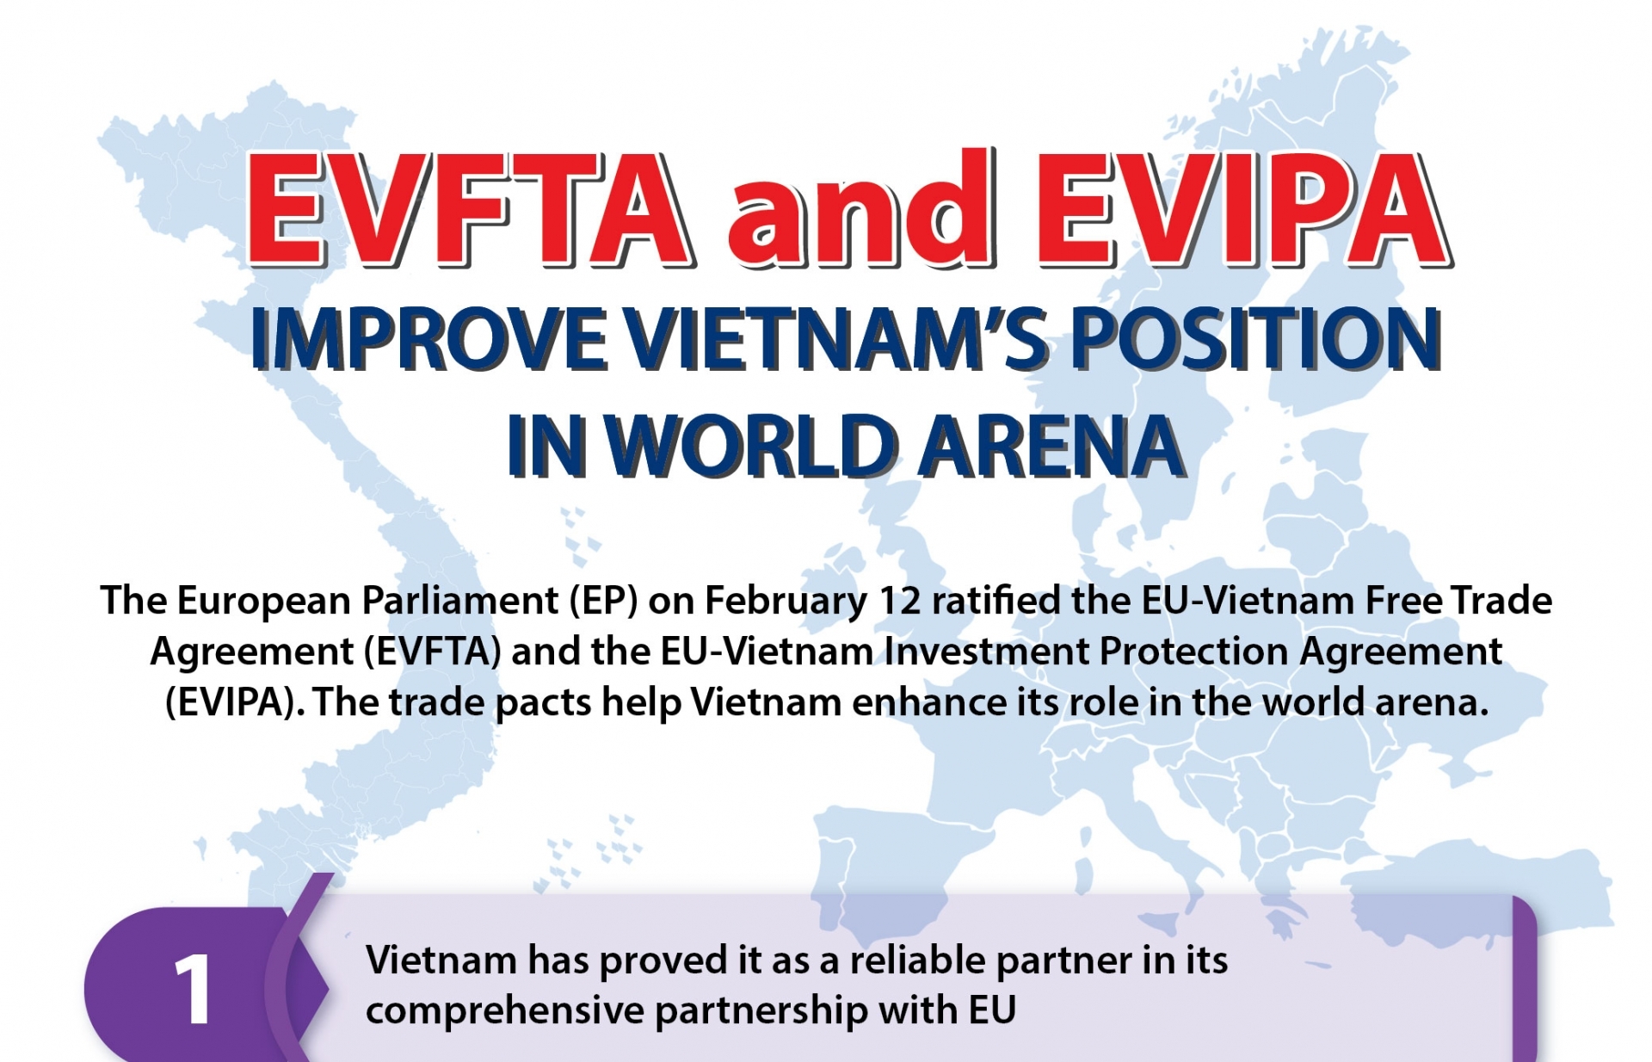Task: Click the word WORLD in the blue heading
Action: click(749, 446)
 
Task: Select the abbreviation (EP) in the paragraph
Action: click(603, 601)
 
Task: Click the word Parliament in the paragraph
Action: click(459, 601)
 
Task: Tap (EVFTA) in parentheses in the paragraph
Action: click(433, 652)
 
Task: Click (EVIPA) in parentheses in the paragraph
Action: click(235, 703)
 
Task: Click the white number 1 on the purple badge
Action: click(194, 990)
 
